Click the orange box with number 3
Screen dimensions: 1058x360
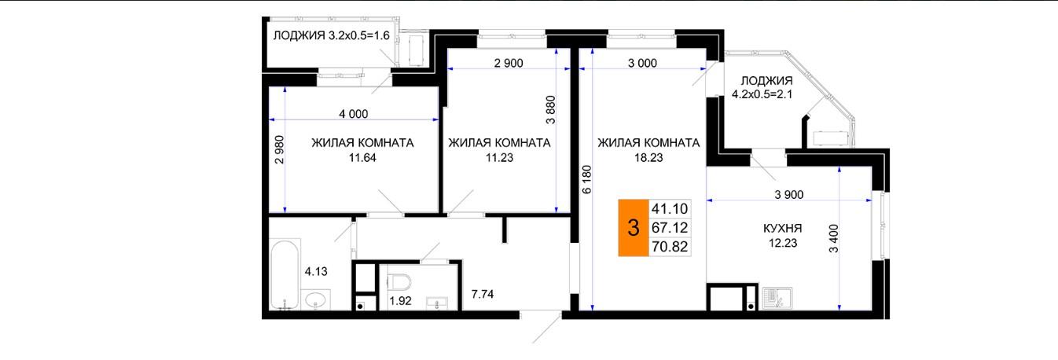click(634, 228)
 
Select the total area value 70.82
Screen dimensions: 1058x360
click(670, 247)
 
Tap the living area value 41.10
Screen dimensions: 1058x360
click(670, 208)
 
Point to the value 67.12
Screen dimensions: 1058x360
click(670, 228)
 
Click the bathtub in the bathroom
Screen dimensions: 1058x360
click(285, 274)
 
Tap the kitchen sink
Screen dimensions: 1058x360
click(777, 298)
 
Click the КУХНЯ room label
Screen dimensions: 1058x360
click(783, 229)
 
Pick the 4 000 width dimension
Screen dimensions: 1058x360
click(353, 114)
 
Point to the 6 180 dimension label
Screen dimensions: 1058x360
click(586, 179)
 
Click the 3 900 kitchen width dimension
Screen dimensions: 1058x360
click(789, 194)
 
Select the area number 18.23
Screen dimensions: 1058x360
click(648, 158)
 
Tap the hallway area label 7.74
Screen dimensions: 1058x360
click(483, 294)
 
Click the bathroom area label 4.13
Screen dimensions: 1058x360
click(316, 272)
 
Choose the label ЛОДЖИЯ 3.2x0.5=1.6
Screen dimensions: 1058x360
click(331, 35)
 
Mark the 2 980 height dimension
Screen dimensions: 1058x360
click(280, 149)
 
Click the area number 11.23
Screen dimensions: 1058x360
click(500, 158)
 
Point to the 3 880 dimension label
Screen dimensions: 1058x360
click(550, 110)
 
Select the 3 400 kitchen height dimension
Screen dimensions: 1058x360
click(834, 238)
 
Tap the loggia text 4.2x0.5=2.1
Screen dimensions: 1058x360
click(762, 94)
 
